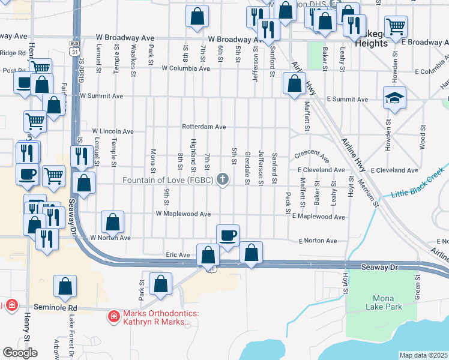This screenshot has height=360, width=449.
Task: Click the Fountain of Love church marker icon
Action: click(x=223, y=179)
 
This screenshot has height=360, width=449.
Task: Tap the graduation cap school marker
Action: click(x=394, y=99)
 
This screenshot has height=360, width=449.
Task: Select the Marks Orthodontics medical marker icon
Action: click(x=113, y=316)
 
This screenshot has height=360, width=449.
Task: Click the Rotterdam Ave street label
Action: click(x=204, y=127)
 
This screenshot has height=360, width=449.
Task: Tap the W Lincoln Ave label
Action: click(x=112, y=131)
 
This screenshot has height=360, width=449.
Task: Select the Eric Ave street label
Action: click(x=178, y=255)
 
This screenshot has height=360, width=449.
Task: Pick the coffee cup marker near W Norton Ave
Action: click(x=228, y=235)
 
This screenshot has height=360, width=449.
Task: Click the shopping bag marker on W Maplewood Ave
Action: click(x=113, y=223)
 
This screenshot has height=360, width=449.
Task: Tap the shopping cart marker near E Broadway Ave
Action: click(x=396, y=26)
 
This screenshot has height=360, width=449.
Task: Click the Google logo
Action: click(x=20, y=353)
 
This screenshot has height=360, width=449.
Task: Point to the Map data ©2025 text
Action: click(x=423, y=355)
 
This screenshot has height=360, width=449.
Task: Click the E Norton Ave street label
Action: click(x=318, y=241)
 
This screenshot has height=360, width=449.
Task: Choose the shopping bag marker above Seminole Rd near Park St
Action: click(x=160, y=284)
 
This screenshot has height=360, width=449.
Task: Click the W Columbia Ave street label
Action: click(x=185, y=68)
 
